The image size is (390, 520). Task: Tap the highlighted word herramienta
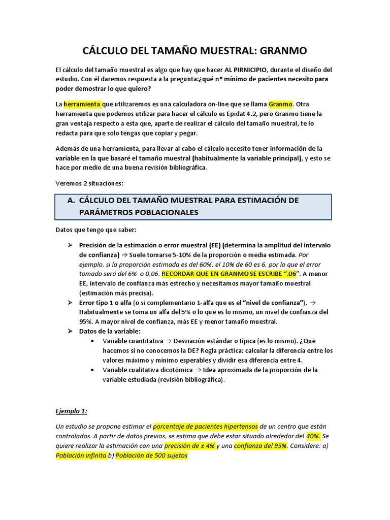[82, 104]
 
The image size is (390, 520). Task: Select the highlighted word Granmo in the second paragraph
[280, 104]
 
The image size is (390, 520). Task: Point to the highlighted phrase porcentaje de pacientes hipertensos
[205, 427]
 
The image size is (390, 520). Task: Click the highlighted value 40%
[312, 436]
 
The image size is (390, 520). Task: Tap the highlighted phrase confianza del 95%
[261, 446]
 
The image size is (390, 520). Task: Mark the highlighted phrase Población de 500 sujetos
[151, 456]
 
